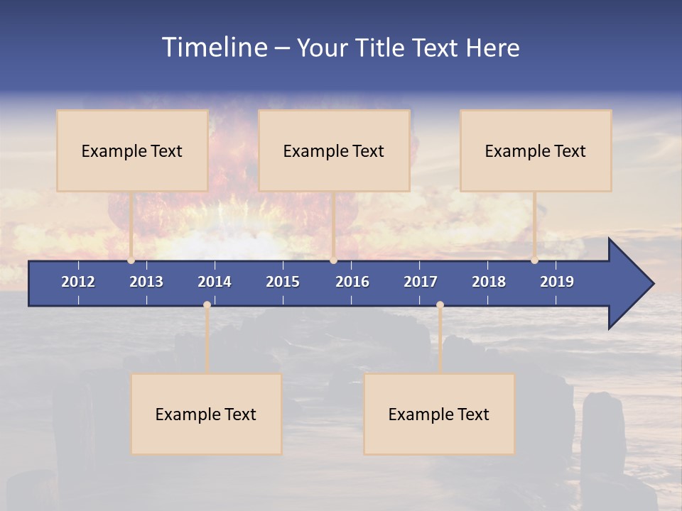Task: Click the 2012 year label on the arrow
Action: (x=78, y=282)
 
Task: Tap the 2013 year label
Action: (x=146, y=282)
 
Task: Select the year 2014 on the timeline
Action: (x=215, y=282)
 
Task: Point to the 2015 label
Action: (x=283, y=282)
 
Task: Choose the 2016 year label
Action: (x=352, y=282)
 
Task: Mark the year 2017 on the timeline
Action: (x=421, y=282)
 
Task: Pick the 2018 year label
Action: (x=489, y=282)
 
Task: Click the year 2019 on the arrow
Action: (x=557, y=282)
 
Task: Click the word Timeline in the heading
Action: (x=215, y=48)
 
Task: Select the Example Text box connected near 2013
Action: (x=132, y=150)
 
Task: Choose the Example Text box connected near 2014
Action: (x=206, y=414)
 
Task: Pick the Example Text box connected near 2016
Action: (x=334, y=150)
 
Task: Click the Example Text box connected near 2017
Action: (x=439, y=414)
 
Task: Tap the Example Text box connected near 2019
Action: (x=536, y=150)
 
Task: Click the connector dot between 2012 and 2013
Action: (x=131, y=260)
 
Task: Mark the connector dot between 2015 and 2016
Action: (x=334, y=260)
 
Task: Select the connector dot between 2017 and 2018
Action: (x=440, y=305)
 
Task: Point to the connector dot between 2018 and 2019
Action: (x=535, y=260)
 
